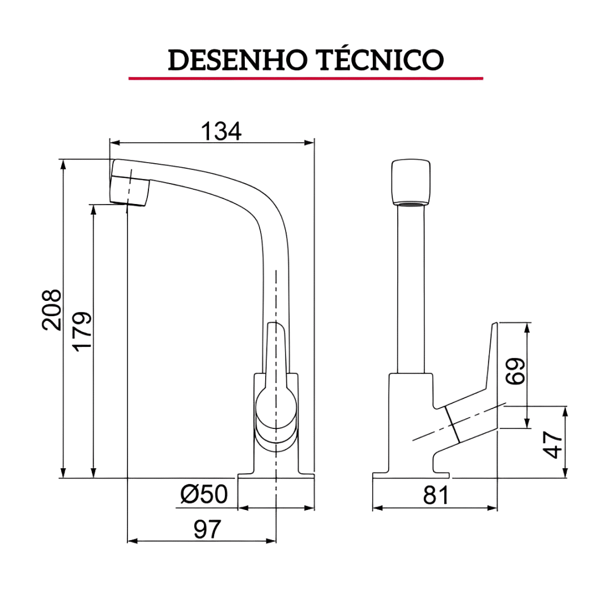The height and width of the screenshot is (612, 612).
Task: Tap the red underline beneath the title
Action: tap(306, 78)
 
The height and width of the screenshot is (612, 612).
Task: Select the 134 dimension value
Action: tap(221, 131)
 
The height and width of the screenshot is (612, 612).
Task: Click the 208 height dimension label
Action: tap(52, 310)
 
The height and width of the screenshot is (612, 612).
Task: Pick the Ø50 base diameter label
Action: tap(204, 494)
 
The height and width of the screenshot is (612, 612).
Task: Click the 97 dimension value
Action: tap(207, 529)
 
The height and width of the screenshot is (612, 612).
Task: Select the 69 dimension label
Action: tap(516, 372)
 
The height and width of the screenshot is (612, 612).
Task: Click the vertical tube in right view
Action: tap(411, 289)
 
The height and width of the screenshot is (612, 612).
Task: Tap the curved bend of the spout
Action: tap(261, 207)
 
